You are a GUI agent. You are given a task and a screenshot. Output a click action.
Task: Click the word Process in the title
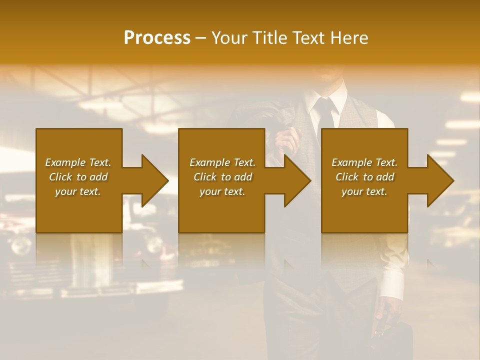(x=157, y=38)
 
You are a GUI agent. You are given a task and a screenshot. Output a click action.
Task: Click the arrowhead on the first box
(x=152, y=180)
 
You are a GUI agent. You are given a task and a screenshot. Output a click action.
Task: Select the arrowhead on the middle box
(x=295, y=180)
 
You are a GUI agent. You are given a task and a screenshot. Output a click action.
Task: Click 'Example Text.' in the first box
(x=78, y=162)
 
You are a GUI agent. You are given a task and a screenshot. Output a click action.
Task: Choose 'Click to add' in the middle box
(x=222, y=177)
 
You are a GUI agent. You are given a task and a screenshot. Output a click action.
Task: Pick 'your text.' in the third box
(x=364, y=191)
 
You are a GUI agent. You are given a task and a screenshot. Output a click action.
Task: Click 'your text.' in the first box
(x=78, y=191)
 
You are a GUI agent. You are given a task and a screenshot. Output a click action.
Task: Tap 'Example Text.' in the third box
(x=364, y=162)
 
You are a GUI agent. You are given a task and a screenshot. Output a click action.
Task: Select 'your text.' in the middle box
(x=222, y=191)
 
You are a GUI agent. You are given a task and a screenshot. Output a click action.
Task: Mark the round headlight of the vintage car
(x=20, y=245)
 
